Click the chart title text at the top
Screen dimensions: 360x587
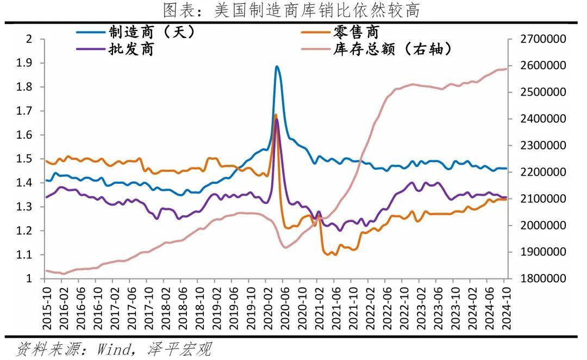click(292, 10)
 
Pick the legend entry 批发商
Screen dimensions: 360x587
click(130, 49)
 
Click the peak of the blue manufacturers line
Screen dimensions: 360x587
click(277, 67)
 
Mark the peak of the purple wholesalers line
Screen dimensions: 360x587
click(277, 120)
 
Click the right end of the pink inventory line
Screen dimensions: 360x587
click(506, 69)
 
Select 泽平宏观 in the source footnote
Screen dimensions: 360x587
click(179, 349)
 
